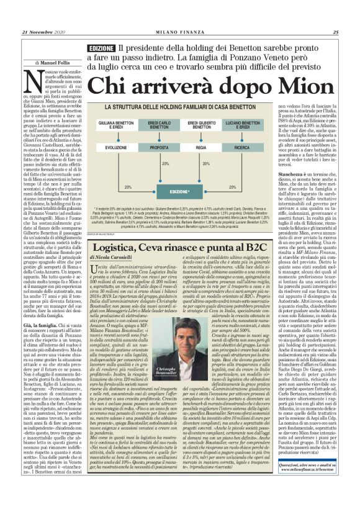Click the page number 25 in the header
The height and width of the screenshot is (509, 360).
coord(335,33)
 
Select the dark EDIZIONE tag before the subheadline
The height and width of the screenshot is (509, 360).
coord(101,48)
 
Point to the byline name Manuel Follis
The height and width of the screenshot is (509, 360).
coord(58,62)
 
